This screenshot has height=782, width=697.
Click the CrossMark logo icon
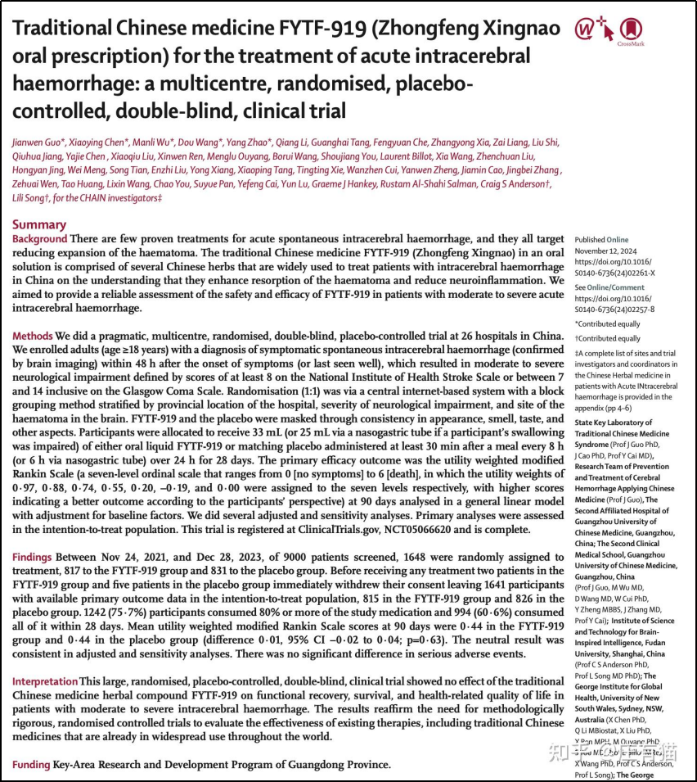pos(630,29)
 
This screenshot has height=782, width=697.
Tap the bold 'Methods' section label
pos(33,337)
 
